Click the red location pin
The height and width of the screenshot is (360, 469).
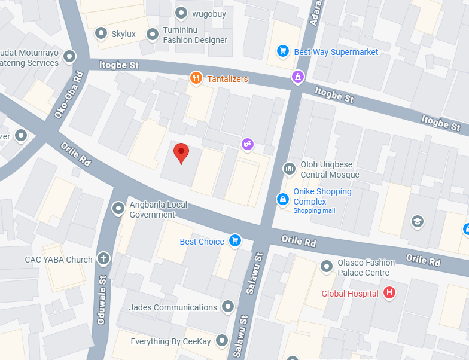pyautogui.click(x=181, y=152)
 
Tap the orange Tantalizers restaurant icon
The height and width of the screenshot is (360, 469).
pyautogui.click(x=195, y=78)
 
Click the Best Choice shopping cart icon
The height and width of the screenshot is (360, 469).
pyautogui.click(x=234, y=241)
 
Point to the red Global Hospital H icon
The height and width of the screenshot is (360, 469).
pyautogui.click(x=389, y=293)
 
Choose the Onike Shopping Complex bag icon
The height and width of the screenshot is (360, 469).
pyautogui.click(x=282, y=199)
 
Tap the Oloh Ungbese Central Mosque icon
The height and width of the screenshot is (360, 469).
pyautogui.click(x=290, y=169)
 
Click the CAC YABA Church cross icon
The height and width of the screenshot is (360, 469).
pyautogui.click(x=103, y=259)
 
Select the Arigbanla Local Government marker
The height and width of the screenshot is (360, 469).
pyautogui.click(x=118, y=209)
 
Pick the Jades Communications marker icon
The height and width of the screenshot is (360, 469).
pyautogui.click(x=227, y=307)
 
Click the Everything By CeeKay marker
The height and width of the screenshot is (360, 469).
pyautogui.click(x=222, y=341)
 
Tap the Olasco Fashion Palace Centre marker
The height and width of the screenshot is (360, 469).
pyautogui.click(x=327, y=266)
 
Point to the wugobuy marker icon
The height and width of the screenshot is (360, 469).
pyautogui.click(x=181, y=13)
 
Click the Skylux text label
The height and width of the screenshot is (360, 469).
pyautogui.click(x=123, y=34)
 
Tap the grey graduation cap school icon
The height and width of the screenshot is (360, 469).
pyautogui.click(x=417, y=222)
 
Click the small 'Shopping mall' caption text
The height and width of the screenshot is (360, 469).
pyautogui.click(x=314, y=211)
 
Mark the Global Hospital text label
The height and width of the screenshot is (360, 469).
pyautogui.click(x=349, y=294)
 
